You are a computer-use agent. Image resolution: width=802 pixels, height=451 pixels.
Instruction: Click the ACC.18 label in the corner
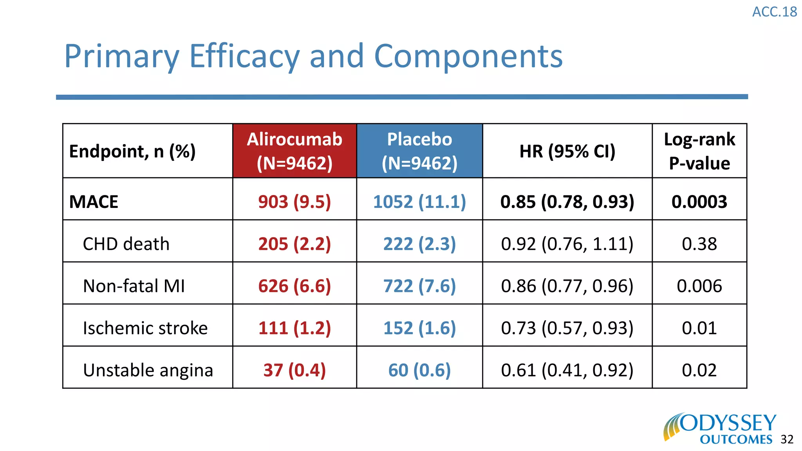[774, 12]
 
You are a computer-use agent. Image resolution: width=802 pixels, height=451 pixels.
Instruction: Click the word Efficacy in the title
[244, 57]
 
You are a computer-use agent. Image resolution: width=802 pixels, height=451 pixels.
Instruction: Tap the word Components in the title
[468, 57]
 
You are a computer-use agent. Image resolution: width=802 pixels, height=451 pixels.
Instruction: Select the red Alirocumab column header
[294, 151]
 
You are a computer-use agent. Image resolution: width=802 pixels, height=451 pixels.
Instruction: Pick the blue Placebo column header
[419, 151]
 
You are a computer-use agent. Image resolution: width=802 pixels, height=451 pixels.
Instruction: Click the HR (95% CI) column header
[567, 151]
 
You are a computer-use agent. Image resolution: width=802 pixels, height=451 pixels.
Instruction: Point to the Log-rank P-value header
[699, 151]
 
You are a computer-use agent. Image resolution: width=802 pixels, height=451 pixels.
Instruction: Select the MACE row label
[94, 202]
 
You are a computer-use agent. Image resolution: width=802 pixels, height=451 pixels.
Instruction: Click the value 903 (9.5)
[294, 202]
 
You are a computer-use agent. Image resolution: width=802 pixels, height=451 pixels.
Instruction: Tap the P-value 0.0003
[699, 202]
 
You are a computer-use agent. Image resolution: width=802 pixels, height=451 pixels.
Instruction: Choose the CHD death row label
[126, 244]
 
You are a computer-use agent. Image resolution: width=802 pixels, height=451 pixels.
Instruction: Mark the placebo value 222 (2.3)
[419, 244]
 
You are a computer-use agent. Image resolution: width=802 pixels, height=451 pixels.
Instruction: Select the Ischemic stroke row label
[145, 328]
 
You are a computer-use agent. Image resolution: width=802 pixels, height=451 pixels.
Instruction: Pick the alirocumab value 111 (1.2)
[294, 328]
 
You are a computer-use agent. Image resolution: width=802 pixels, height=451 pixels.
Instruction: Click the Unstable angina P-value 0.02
[699, 370]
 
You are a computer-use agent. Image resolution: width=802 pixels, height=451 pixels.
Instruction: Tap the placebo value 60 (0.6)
[419, 370]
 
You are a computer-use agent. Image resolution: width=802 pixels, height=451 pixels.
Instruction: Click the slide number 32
[787, 440]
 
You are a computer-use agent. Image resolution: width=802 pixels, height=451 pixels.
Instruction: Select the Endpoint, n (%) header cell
[132, 152]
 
